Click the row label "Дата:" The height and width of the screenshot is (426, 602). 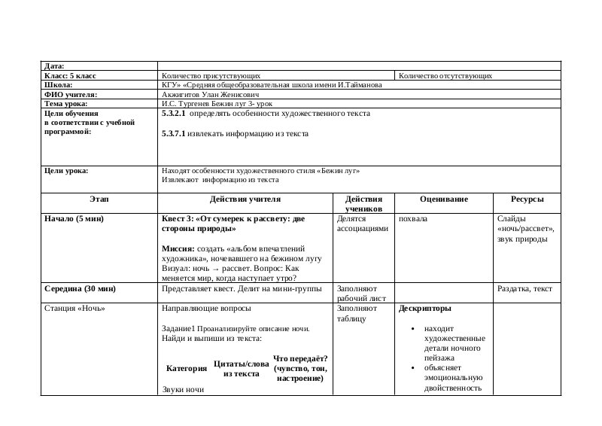[54, 66]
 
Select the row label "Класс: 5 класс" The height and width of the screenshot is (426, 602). [71, 76]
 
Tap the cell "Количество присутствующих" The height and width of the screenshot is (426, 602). [211, 76]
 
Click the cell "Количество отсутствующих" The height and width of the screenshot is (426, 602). [445, 76]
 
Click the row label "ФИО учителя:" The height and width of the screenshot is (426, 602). [71, 95]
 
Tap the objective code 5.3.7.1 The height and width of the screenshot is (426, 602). [173, 134]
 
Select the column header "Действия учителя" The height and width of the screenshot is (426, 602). [245, 199]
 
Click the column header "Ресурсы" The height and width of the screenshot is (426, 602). [527, 199]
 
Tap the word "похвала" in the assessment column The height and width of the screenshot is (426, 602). [413, 219]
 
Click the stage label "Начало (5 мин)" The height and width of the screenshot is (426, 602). [74, 219]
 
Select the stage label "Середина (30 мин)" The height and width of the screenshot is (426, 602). [81, 288]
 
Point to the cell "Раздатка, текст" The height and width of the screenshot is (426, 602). [524, 288]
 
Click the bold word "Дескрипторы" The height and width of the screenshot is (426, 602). [426, 309]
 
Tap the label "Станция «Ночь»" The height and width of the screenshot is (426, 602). [75, 309]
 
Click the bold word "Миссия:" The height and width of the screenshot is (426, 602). [179, 248]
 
